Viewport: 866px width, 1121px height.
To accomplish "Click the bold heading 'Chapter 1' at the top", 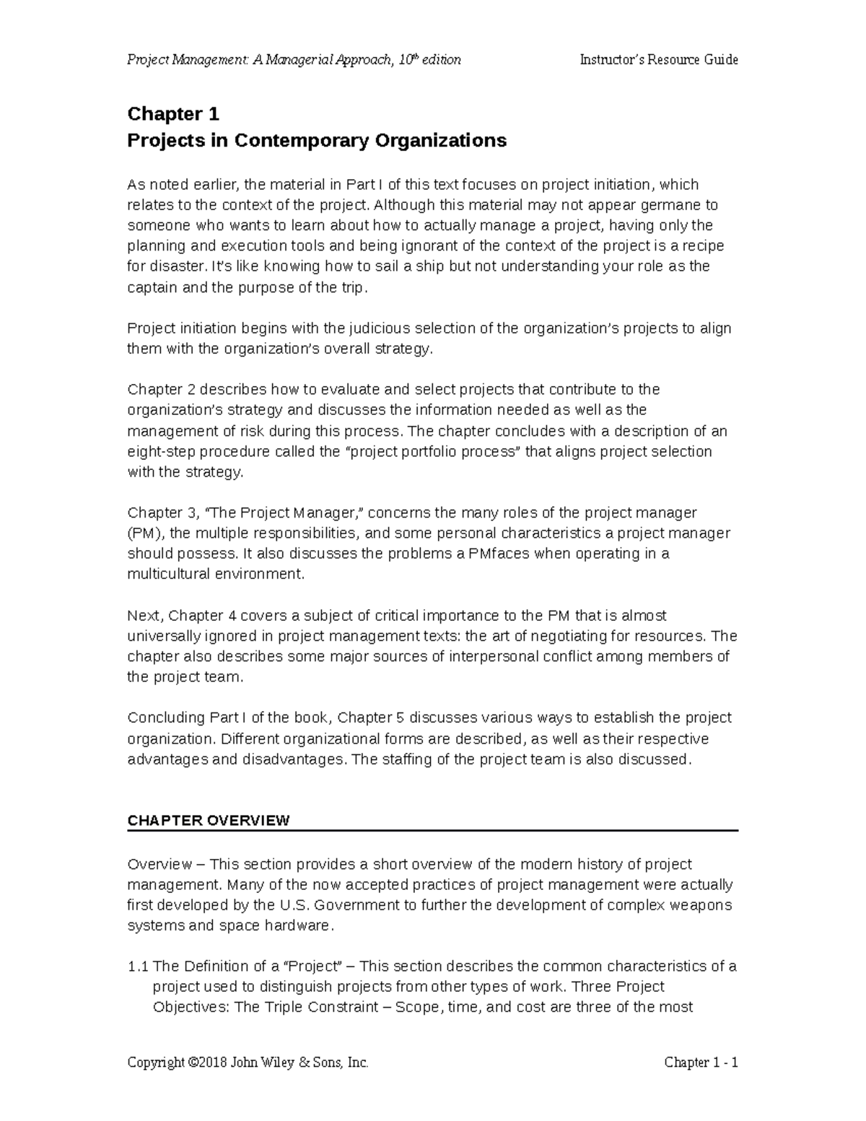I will (173, 114).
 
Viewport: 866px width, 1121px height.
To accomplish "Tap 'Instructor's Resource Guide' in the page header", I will (658, 60).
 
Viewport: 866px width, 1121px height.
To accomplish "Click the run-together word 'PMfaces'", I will (495, 554).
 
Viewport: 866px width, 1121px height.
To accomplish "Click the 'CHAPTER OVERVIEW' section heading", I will (208, 821).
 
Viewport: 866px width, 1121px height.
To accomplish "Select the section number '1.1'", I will (138, 967).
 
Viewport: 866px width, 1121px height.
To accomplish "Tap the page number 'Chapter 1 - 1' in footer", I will (701, 1063).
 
